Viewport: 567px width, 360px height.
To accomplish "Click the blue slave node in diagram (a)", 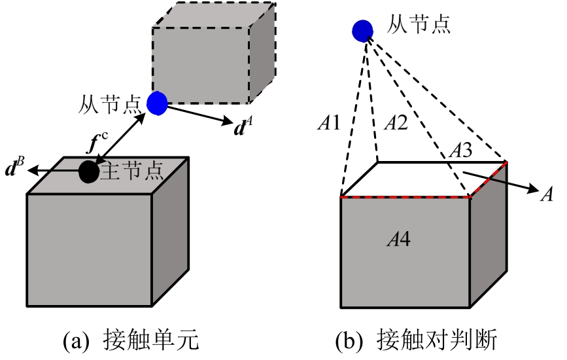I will tap(157, 102).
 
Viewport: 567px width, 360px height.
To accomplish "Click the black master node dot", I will tap(89, 171).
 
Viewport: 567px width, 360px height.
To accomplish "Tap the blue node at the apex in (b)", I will tap(362, 30).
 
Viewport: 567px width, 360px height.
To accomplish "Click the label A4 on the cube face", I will tap(398, 240).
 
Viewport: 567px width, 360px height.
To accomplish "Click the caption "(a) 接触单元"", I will tap(130, 341).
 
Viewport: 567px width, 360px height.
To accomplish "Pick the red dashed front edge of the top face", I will tap(405, 196).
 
